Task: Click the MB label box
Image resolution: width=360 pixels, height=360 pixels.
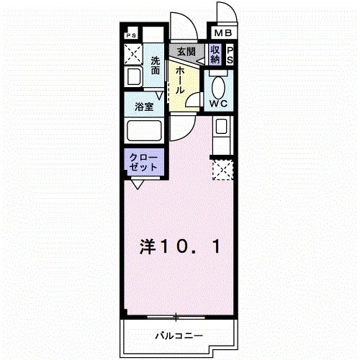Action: pyautogui.click(x=222, y=33)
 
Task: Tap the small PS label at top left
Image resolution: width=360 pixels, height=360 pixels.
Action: pyautogui.click(x=131, y=34)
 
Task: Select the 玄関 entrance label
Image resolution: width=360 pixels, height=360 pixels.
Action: pyautogui.click(x=186, y=51)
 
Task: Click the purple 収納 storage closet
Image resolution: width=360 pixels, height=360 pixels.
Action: pyautogui.click(x=215, y=55)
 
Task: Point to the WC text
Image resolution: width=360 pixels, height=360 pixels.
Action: pyautogui.click(x=220, y=104)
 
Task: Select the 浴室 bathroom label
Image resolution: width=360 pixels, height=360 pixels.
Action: pyautogui.click(x=144, y=106)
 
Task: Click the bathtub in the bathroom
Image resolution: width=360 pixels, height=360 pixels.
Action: pyautogui.click(x=143, y=131)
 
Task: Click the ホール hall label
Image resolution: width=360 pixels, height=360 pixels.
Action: pyautogui.click(x=180, y=79)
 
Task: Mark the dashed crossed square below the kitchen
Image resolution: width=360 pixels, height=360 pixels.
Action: pyautogui.click(x=222, y=171)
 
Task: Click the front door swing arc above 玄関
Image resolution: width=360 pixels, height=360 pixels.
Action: pyautogui.click(x=183, y=27)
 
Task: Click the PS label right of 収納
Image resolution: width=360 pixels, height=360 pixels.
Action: pyautogui.click(x=230, y=55)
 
